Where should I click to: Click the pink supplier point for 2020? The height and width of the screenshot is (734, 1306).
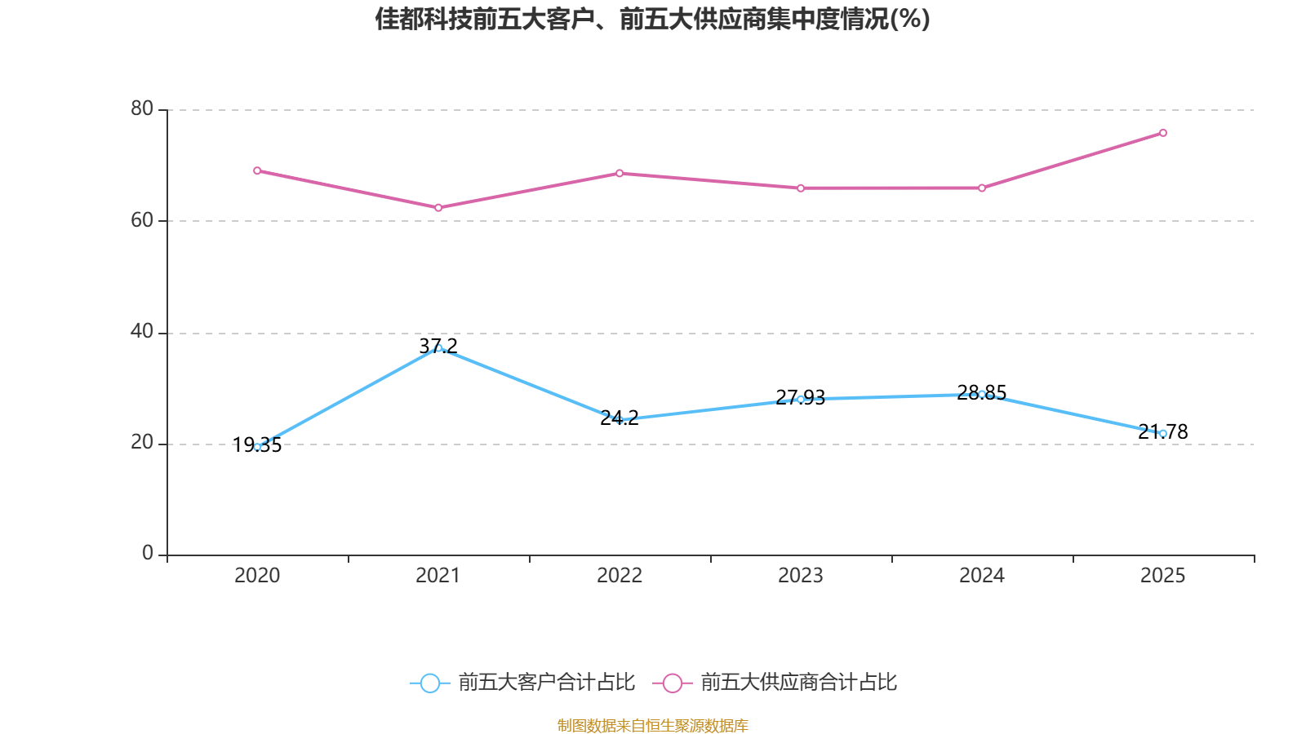[257, 170]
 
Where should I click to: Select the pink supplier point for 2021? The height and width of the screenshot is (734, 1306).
[438, 208]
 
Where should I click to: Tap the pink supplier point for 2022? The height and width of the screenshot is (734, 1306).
[620, 173]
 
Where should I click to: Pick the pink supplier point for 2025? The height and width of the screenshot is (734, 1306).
[1163, 133]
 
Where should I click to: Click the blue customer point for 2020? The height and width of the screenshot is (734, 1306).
[257, 447]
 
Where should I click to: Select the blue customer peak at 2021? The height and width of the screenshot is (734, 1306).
[438, 348]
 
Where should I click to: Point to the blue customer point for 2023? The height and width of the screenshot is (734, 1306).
[801, 399]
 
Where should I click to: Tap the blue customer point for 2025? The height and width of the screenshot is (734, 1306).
[1163, 433]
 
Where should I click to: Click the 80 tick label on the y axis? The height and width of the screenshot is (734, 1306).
[141, 108]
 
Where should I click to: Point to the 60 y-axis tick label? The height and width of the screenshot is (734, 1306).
[141, 220]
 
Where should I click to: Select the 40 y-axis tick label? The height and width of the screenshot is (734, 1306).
[141, 331]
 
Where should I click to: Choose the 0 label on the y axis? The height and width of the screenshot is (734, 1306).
[148, 554]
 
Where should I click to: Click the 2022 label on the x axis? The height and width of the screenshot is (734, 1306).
[620, 576]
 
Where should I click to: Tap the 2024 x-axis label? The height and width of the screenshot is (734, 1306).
[982, 576]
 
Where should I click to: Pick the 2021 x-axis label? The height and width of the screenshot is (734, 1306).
[438, 576]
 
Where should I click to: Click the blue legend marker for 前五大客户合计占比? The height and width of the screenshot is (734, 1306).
[430, 683]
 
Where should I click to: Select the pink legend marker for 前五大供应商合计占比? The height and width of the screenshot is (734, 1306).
[673, 683]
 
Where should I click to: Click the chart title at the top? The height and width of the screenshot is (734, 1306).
[652, 19]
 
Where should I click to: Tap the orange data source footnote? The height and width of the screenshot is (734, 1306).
[652, 725]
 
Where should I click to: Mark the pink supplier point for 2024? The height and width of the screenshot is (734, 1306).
[982, 188]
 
